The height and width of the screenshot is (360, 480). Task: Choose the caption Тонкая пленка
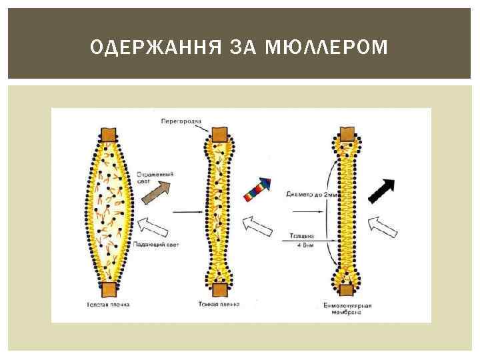point(219,305)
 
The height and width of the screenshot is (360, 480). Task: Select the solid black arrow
point(382,191)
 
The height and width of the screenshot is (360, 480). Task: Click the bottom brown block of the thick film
point(109,289)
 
